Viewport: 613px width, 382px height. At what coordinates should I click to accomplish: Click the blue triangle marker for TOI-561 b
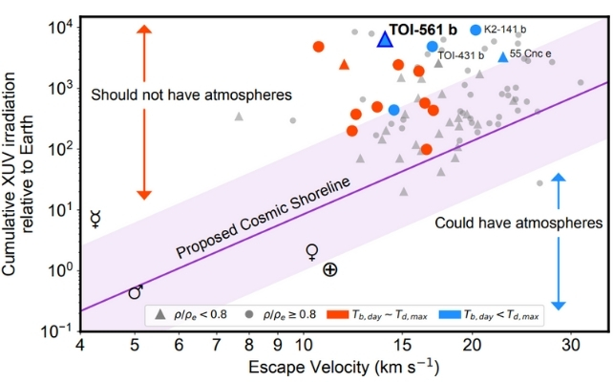tap(384, 39)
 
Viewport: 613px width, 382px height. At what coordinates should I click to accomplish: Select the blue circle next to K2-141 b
tap(476, 30)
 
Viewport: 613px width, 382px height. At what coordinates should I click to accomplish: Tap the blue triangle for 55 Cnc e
tap(502, 57)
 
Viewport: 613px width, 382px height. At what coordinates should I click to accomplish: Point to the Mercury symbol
tap(95, 220)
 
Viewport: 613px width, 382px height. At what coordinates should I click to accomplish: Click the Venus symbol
tap(311, 252)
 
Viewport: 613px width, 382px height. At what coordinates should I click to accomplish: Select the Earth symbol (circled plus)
tap(329, 270)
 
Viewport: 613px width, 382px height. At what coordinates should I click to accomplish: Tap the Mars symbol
tap(136, 292)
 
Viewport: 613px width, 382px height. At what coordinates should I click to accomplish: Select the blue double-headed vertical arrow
tap(560, 240)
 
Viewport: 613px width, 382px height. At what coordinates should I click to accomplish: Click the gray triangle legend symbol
tap(159, 313)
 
